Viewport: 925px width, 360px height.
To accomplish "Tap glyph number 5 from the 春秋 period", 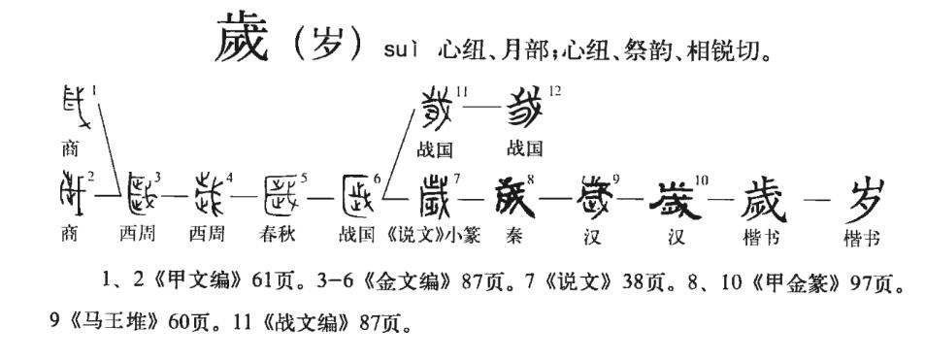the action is (281, 195).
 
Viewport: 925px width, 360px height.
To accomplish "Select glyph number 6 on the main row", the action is (359, 195).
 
